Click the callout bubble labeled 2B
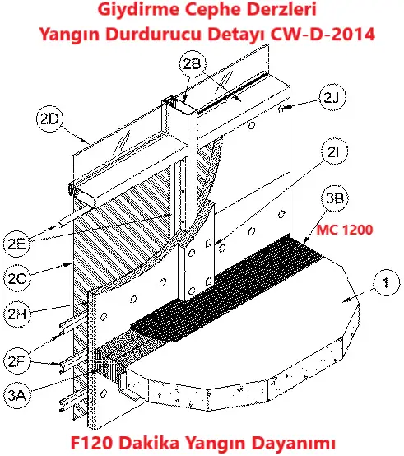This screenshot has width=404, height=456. coord(191,63)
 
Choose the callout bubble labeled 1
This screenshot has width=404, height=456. coord(382,285)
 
